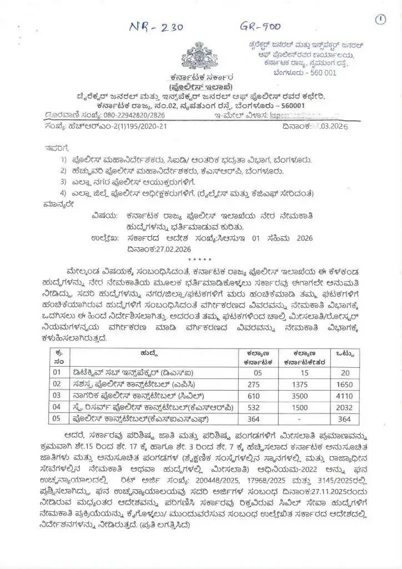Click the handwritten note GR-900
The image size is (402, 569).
click(260, 26)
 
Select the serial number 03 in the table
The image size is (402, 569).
click(56, 395)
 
